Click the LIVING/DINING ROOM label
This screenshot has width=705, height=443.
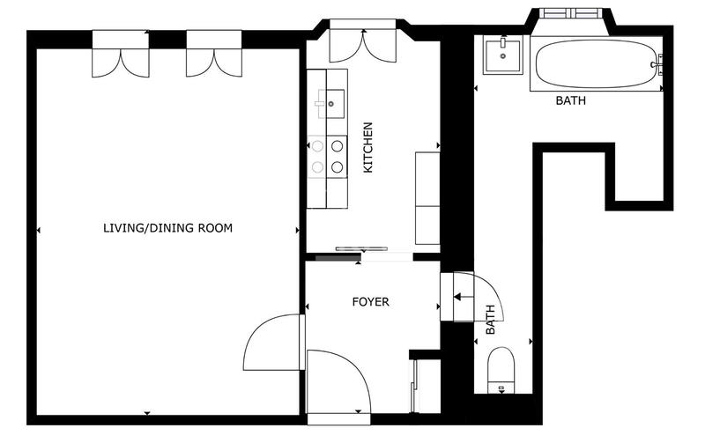167,228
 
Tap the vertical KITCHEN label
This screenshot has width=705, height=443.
368,147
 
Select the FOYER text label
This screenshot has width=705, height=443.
370,302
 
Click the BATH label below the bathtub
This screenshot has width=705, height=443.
570,101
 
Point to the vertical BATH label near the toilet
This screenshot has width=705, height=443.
490,321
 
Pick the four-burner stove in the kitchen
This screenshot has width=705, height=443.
326,156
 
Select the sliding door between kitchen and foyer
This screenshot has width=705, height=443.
363,252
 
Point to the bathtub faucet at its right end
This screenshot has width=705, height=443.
657,64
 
